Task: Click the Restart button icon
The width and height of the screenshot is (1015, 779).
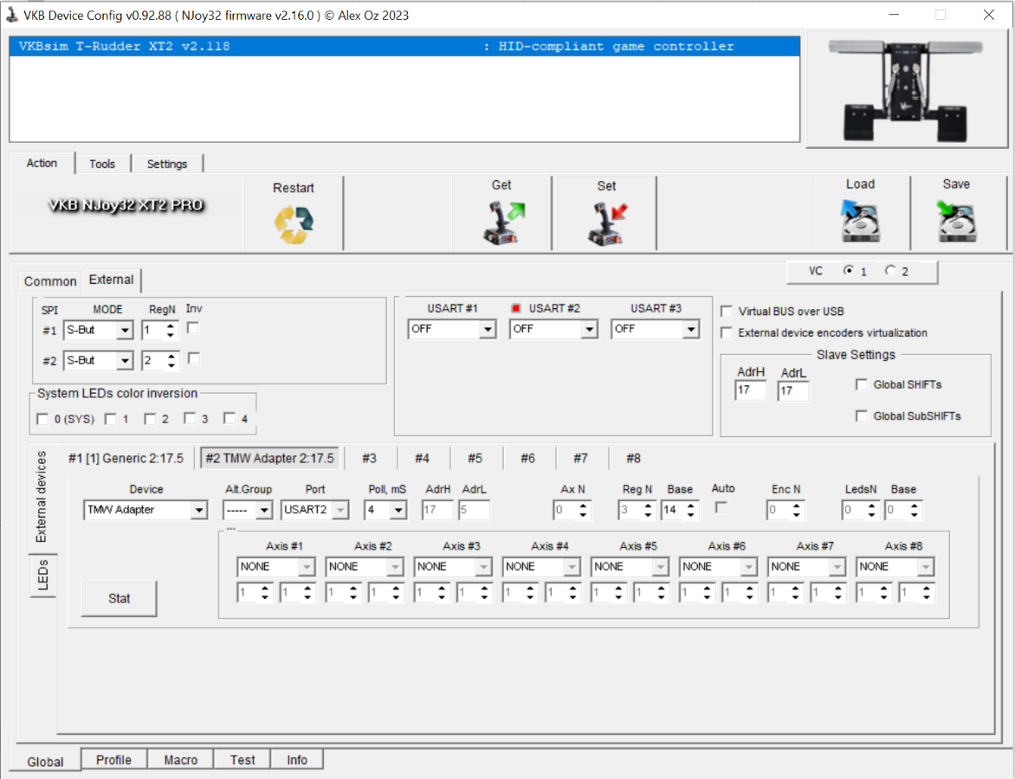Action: [294, 224]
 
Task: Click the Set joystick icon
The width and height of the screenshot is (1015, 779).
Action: [607, 223]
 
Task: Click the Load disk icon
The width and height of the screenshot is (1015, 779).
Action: [860, 221]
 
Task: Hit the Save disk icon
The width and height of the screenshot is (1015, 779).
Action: [956, 221]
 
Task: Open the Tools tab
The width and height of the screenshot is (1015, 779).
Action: [102, 164]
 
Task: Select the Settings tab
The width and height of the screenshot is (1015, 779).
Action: [167, 164]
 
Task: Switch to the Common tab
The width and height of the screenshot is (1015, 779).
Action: [50, 280]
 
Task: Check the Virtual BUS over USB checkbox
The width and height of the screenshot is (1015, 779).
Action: [727, 312]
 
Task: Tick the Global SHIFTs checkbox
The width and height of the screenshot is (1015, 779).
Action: [862, 384]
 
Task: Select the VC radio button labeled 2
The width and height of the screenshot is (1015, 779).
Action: [890, 270]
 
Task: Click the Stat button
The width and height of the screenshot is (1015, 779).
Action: [120, 598]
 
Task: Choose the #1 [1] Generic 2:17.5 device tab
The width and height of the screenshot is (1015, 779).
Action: [126, 458]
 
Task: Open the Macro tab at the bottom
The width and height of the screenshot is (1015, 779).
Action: [181, 760]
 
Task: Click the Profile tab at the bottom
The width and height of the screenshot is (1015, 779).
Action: [114, 760]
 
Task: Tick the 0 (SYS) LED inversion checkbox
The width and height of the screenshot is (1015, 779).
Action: [42, 419]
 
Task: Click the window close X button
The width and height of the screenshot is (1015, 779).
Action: [988, 15]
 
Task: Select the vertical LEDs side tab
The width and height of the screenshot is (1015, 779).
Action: [42, 576]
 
